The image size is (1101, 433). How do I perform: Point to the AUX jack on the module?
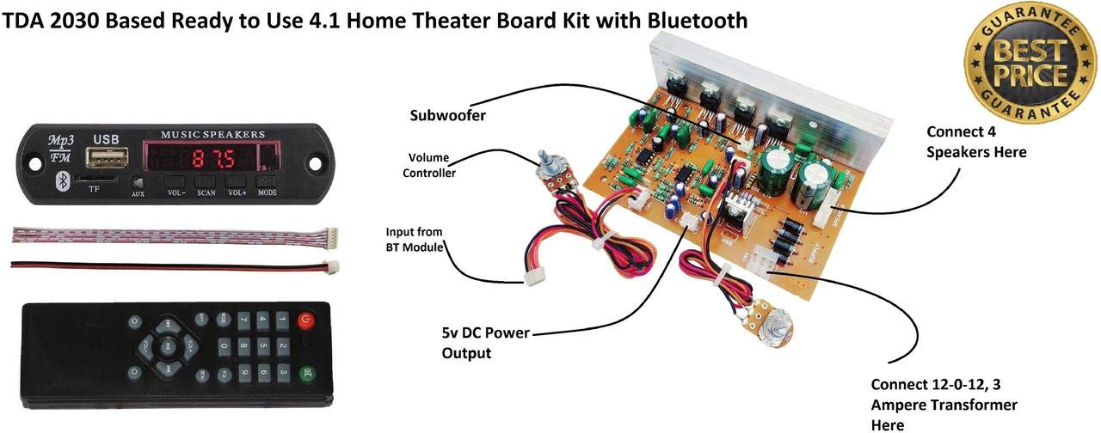[x=138, y=183]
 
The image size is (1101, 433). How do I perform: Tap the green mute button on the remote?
[x=305, y=375]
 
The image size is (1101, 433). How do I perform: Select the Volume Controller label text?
[x=432, y=164]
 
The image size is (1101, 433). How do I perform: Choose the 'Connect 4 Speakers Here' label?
[x=976, y=142]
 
